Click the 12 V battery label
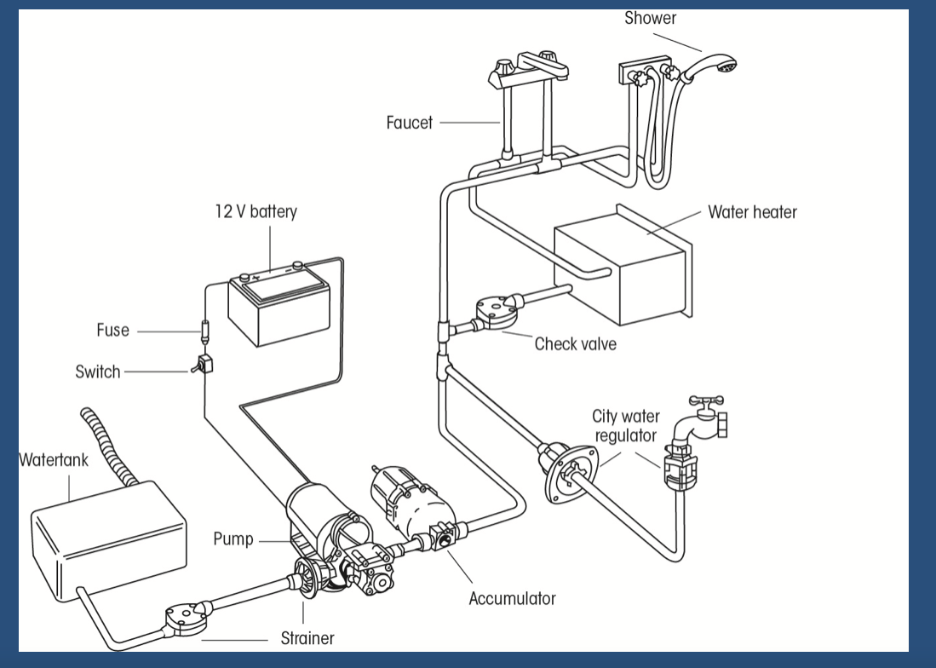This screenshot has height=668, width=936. tap(256, 212)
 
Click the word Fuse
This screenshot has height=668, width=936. tap(112, 331)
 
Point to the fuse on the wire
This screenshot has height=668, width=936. tap(204, 328)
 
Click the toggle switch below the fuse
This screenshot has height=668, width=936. tap(204, 365)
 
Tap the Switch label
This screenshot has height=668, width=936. tap(98, 372)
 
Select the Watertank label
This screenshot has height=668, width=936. tap(54, 461)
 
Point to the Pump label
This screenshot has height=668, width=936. tap(233, 539)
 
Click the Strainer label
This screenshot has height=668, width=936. tap(307, 637)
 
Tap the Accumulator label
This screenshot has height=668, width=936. tap(512, 598)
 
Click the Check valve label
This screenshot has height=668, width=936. tap(575, 344)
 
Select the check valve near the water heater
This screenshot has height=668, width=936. tap(494, 314)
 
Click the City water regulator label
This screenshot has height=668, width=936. tap(625, 426)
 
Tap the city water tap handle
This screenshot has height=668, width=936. tap(705, 400)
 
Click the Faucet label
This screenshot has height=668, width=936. tap(410, 123)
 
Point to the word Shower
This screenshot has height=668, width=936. tap(651, 18)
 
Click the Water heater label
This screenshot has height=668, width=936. tap(752, 212)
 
